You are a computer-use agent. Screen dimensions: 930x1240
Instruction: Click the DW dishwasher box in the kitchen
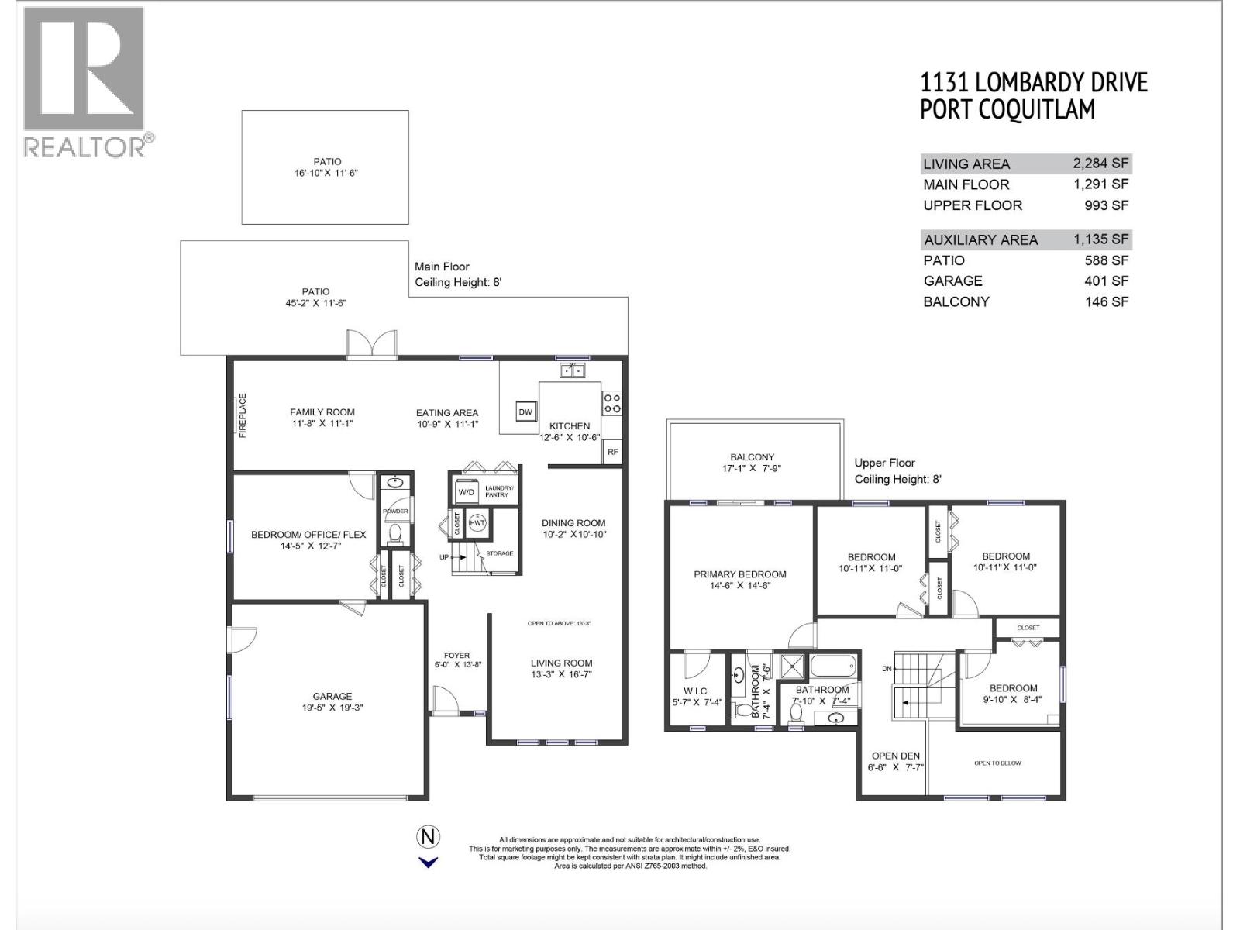click(x=525, y=412)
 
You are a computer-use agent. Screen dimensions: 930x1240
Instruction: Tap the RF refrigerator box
click(x=612, y=452)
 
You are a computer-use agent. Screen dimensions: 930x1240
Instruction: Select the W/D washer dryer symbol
click(x=466, y=492)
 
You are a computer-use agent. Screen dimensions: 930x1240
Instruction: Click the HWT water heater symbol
click(x=477, y=523)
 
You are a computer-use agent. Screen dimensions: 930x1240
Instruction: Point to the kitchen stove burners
click(x=612, y=402)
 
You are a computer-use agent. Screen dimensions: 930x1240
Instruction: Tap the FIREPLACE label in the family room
click(x=243, y=415)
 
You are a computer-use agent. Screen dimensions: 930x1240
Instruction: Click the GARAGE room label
click(x=332, y=696)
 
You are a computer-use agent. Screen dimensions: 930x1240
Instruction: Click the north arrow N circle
click(x=428, y=837)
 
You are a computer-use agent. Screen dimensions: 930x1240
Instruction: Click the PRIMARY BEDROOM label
click(x=739, y=574)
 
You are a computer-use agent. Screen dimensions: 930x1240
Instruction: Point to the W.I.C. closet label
click(x=696, y=691)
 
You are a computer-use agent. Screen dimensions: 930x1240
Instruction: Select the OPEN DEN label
click(x=895, y=756)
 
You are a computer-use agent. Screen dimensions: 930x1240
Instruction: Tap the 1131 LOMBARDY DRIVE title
click(x=1033, y=82)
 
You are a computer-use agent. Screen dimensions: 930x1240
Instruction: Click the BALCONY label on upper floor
click(x=752, y=457)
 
